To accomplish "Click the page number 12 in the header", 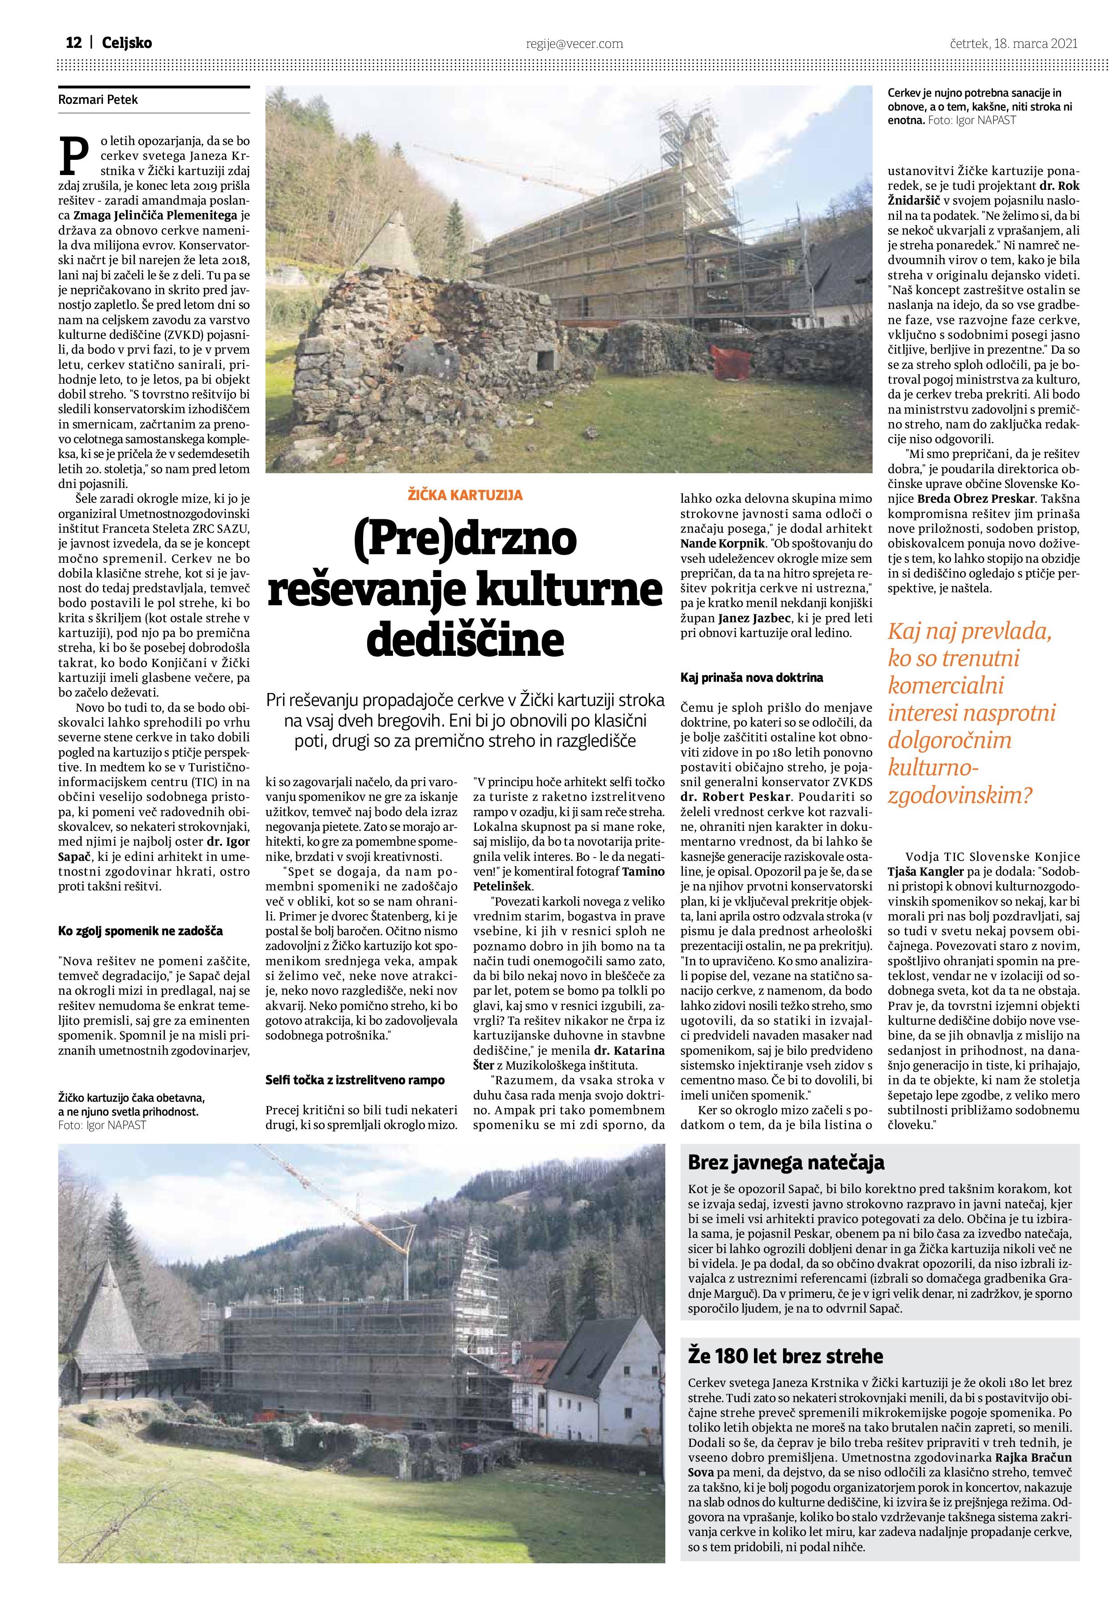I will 74,43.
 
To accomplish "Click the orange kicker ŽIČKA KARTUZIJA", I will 465,496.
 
